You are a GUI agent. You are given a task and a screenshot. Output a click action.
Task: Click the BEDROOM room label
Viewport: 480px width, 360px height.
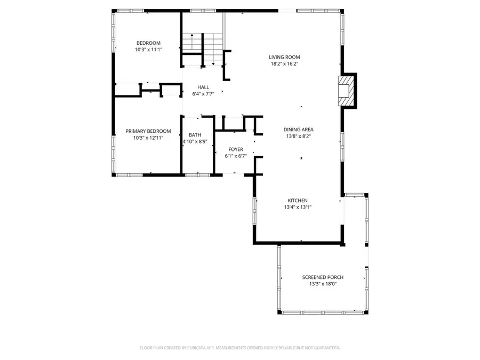coord(148,43)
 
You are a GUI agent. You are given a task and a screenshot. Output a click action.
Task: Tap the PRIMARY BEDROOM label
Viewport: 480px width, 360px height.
coord(148,131)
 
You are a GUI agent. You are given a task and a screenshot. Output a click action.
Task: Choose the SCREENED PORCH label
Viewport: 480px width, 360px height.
coord(323,277)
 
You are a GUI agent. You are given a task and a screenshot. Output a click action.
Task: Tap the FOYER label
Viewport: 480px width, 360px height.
coord(236,150)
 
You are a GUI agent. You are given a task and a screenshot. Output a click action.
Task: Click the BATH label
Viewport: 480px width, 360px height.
coord(195,135)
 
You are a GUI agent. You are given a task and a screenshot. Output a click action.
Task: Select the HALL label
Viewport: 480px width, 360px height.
coord(203,87)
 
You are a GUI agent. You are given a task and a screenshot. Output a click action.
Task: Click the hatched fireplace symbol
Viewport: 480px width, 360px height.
coord(346,90)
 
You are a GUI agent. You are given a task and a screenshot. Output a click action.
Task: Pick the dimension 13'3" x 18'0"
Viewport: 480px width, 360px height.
coord(323,284)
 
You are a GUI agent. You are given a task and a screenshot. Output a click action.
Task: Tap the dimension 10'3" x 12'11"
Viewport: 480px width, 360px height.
coord(148,138)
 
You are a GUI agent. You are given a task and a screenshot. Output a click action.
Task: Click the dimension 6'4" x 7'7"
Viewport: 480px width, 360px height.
coord(203,94)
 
